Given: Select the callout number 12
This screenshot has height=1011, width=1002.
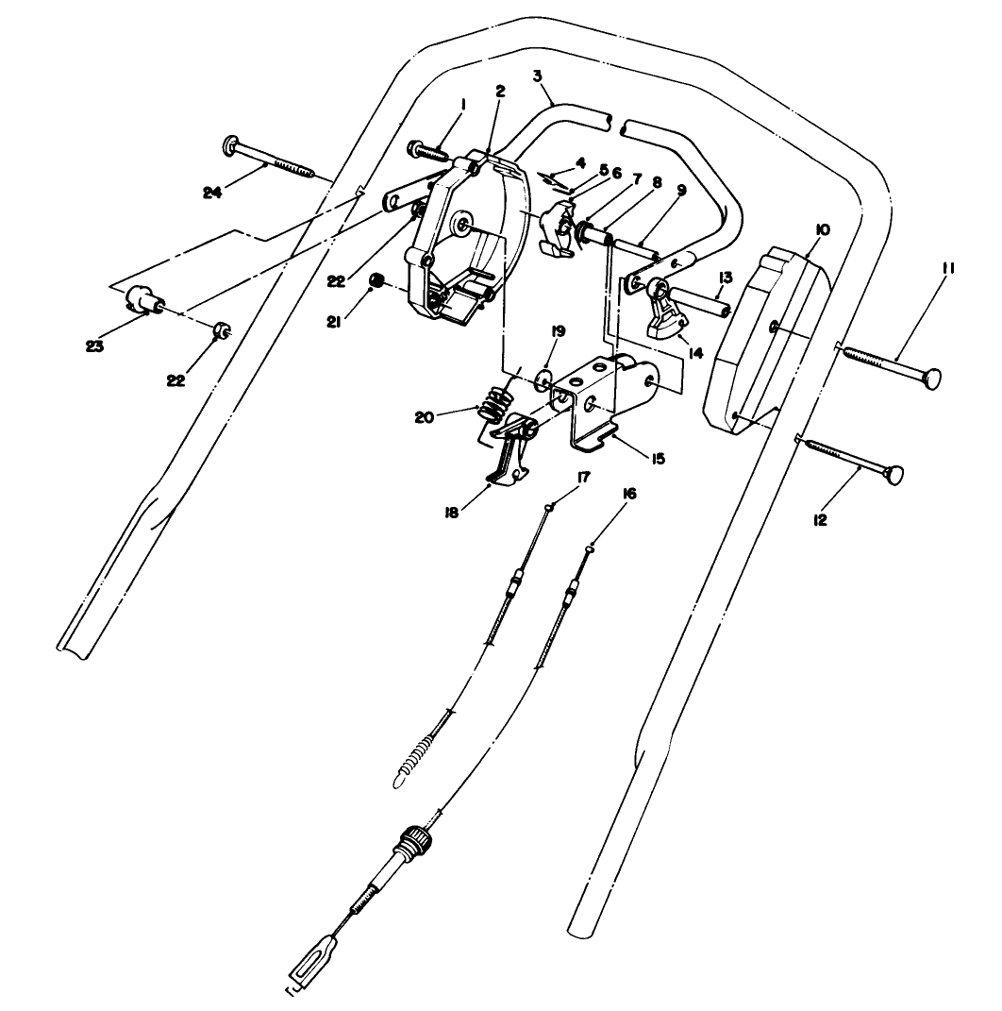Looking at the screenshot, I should point(820,519).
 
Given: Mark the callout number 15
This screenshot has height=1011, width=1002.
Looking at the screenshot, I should point(658,459).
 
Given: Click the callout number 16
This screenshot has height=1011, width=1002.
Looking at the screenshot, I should point(629,493).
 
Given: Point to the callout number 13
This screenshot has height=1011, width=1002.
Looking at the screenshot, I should point(725,278).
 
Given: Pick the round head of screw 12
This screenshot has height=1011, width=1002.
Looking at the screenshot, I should point(893,474).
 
